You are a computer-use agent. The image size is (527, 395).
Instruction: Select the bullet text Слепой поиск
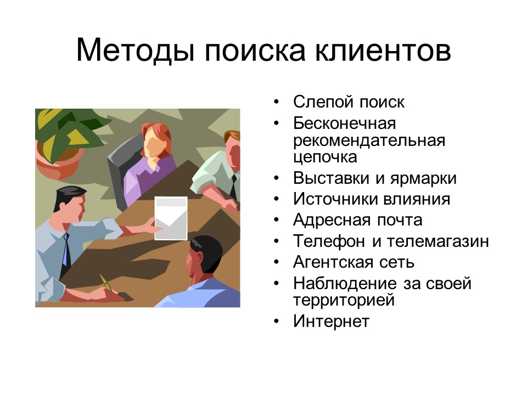point(349,102)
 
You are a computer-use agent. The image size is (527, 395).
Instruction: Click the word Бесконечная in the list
point(344,123)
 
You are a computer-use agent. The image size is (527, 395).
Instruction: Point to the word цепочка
point(325,157)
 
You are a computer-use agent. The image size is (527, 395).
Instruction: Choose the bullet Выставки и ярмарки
point(374,178)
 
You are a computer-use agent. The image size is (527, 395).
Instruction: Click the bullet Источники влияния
point(371,199)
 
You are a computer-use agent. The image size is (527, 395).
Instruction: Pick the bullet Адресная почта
point(357,220)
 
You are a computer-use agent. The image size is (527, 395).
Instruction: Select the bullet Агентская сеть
point(354,262)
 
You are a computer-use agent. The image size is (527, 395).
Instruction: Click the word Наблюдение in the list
point(345,283)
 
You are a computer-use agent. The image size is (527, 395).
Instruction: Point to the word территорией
point(344,300)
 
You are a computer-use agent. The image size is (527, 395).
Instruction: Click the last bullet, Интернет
point(331,321)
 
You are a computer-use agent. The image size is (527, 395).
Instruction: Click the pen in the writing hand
point(106,282)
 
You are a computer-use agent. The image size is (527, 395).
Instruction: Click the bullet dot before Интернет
point(278,321)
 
